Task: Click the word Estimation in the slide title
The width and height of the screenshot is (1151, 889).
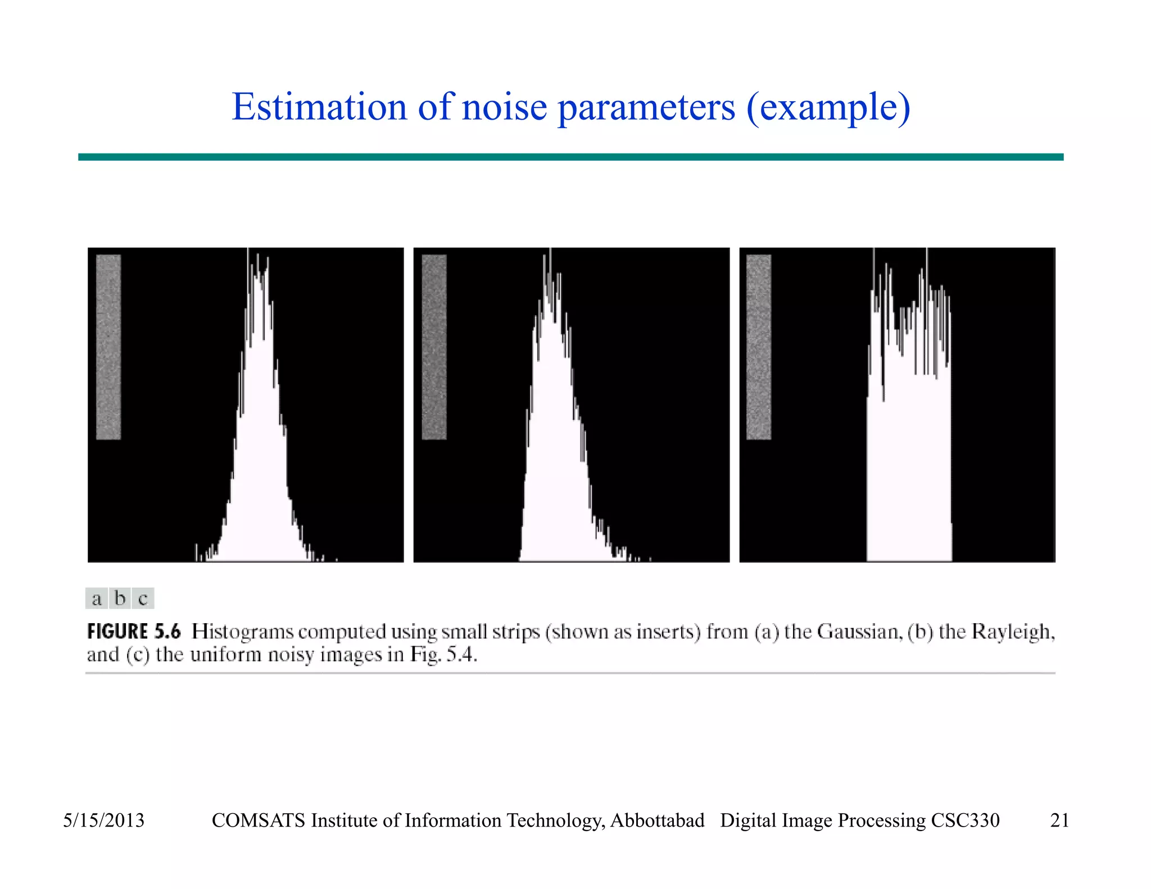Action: coord(319,107)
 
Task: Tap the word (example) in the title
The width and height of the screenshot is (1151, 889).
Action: coord(828,107)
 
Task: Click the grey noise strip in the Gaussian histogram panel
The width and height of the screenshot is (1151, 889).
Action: coord(108,347)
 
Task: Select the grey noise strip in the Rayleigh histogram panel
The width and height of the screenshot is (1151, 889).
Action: coord(434,347)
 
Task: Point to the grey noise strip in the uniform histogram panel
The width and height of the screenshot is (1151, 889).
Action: coord(759,347)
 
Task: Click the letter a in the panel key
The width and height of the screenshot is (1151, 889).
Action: coord(97,598)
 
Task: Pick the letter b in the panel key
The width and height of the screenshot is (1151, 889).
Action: coord(120,598)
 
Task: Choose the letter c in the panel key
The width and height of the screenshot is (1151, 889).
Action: coord(143,598)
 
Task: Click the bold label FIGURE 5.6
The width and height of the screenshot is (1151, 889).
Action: coord(134,632)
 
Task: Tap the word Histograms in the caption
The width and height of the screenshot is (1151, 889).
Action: coord(242,632)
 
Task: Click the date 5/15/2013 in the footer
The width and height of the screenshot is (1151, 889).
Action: coord(103,820)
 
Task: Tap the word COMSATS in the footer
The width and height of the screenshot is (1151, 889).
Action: coord(259,820)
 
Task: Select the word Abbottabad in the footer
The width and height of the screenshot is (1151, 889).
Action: coord(657,820)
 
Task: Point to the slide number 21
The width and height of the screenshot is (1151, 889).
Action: coord(1059,820)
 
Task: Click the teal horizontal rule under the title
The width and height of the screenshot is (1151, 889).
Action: coord(570,157)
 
